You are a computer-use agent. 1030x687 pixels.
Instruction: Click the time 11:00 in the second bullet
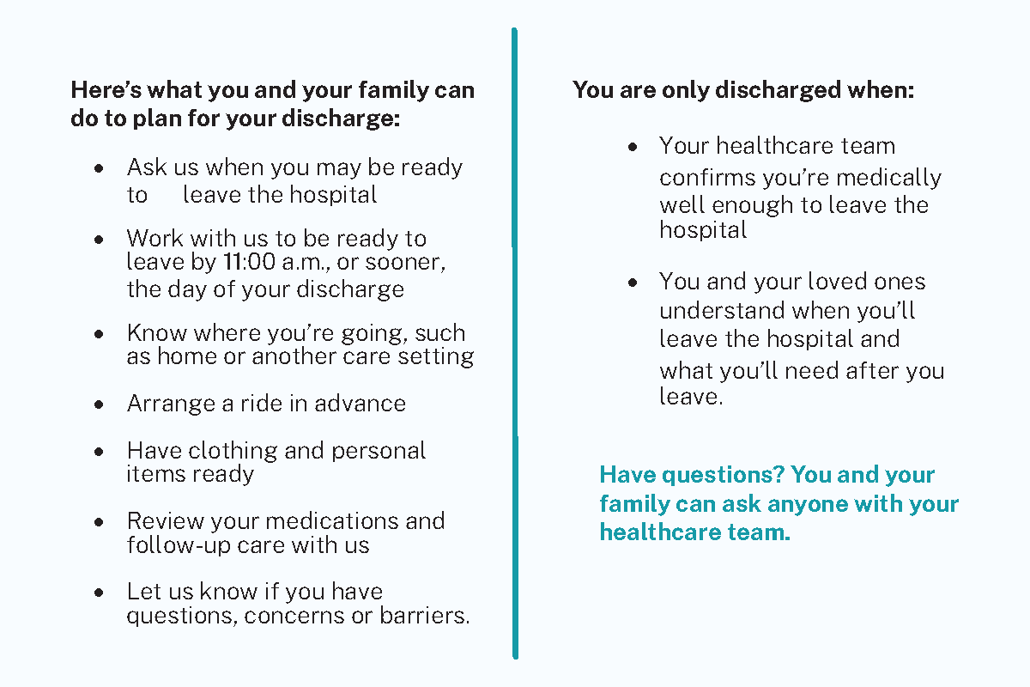point(249,261)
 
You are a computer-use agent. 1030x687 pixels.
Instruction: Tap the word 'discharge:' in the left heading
point(341,119)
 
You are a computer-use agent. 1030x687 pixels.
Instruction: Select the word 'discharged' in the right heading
point(778,89)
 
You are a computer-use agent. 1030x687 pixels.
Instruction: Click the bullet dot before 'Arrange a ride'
point(99,404)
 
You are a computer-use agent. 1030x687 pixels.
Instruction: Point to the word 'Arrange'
point(171,404)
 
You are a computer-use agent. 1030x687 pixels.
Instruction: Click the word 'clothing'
point(233,451)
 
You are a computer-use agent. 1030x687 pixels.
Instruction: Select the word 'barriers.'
point(425,615)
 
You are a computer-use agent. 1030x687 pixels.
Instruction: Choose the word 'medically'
point(888,178)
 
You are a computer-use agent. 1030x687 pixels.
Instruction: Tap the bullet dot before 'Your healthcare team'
point(633,147)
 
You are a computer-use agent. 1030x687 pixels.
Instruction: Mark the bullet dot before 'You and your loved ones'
point(633,283)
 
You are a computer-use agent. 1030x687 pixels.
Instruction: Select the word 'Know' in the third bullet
point(156,332)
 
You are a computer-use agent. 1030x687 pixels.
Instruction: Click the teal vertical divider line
point(515,343)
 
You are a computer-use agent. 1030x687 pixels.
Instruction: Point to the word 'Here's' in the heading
point(106,89)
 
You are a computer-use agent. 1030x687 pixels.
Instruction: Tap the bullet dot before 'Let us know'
point(99,593)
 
